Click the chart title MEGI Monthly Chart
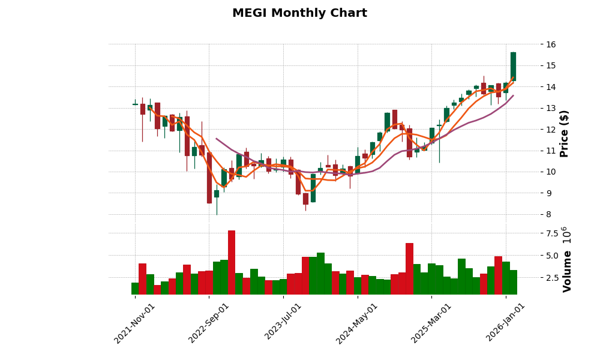(299, 13)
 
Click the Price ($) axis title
(564, 133)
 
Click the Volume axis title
(567, 271)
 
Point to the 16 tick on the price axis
(551, 44)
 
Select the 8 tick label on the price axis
(548, 214)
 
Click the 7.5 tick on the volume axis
(551, 233)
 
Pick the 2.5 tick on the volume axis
(551, 278)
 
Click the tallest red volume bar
(231, 262)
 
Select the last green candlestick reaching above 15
(513, 66)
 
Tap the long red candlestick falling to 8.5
(209, 178)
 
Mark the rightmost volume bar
(513, 282)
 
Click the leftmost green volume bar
(135, 288)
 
